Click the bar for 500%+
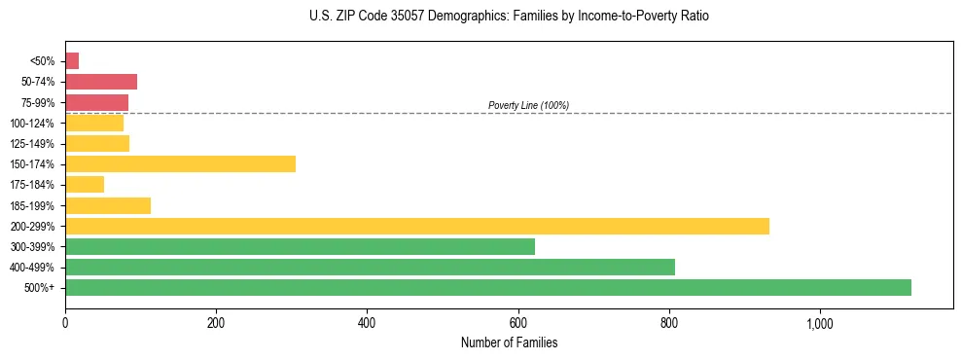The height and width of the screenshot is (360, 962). [487, 287]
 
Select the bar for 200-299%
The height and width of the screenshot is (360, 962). [416, 226]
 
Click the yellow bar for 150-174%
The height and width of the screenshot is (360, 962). [180, 164]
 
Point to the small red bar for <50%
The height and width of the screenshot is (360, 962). [72, 61]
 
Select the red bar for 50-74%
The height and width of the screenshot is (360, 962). [101, 82]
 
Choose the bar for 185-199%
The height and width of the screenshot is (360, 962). [108, 205]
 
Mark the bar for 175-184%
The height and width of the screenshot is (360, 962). [85, 185]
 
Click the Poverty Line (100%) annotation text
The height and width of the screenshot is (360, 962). [528, 105]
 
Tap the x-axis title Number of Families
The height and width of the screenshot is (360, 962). [509, 342]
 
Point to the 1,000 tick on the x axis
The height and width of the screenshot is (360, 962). [819, 322]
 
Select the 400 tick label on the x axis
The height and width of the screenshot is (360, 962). [367, 322]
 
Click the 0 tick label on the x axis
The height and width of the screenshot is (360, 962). [65, 322]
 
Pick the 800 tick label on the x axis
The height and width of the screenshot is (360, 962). [668, 322]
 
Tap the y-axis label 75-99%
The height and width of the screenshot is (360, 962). [39, 103]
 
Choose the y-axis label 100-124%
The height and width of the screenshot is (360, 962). [35, 124]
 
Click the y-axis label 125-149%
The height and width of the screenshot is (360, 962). [35, 144]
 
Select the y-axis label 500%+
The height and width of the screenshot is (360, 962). [42, 288]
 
